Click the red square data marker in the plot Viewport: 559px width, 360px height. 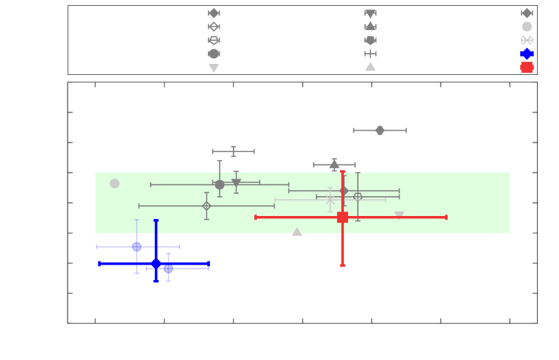[342, 217]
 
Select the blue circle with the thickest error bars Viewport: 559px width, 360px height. [156, 264]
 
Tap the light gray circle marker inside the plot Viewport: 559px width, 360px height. [115, 184]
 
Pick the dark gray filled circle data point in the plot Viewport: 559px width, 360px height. [220, 184]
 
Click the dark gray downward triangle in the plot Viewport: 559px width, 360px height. [236, 182]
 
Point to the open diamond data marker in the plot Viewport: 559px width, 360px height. [206, 206]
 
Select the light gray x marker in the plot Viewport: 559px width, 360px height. [331, 200]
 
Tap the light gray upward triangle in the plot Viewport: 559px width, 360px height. [297, 231]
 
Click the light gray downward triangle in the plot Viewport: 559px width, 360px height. [399, 215]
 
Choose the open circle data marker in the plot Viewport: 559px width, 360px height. [358, 196]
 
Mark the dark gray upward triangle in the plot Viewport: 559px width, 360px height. [334, 165]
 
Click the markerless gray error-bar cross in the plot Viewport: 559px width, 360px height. [234, 151]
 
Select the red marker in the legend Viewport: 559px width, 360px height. [527, 68]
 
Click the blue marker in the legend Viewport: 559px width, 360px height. [527, 54]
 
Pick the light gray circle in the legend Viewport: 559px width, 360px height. [527, 26]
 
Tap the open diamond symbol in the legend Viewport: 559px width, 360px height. [214, 26]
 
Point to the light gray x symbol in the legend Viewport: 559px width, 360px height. [527, 40]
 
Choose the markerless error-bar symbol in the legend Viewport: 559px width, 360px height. [370, 54]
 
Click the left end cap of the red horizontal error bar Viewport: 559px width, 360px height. [256, 217]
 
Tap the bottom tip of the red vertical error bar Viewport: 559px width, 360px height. [342, 265]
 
